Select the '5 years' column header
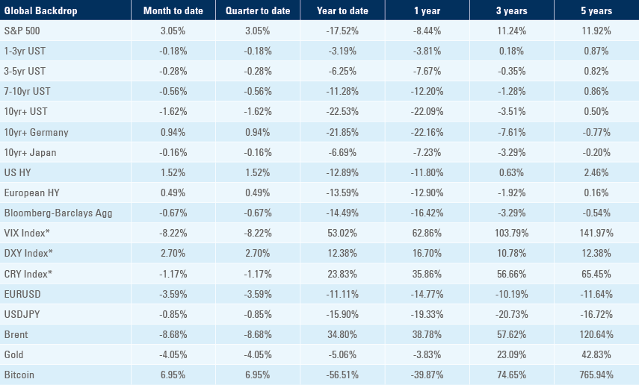[x=596, y=10]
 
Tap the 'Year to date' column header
[x=342, y=10]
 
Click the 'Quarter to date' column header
[x=258, y=10]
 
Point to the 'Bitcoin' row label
[x=19, y=375]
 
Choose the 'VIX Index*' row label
[x=27, y=234]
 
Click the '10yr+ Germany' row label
[x=37, y=132]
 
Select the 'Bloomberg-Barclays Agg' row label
[x=58, y=213]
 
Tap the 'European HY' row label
[x=32, y=192]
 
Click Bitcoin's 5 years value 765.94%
[x=596, y=375]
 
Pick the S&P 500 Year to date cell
[x=342, y=31]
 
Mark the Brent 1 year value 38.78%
[x=427, y=334]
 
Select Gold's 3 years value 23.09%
[x=511, y=354]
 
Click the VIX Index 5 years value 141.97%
[x=596, y=234]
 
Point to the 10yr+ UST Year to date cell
[x=342, y=111]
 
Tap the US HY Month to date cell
[x=173, y=172]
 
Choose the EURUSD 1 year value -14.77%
[x=427, y=294]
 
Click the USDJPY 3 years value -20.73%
[x=511, y=314]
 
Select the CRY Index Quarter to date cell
[x=258, y=274]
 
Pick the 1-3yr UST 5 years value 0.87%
[x=596, y=51]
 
